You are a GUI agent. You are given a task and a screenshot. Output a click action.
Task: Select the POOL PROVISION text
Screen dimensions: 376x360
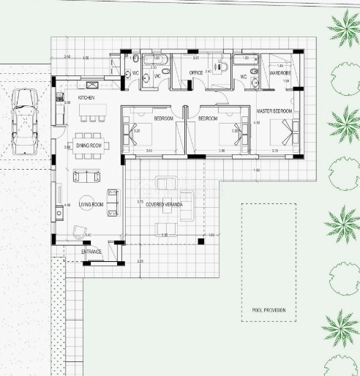click(269, 310)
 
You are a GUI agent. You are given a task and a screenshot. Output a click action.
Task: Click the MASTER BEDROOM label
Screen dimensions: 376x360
click(274, 111)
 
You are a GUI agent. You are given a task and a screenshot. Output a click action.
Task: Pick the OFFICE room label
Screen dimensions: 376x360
click(196, 73)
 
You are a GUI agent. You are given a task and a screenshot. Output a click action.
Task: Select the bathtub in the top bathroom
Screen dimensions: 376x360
click(154, 59)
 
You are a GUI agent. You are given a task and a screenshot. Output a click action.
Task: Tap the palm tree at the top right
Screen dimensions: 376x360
click(343, 27)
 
